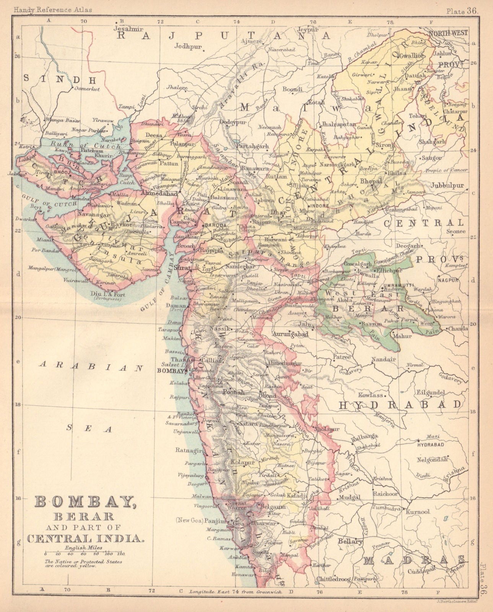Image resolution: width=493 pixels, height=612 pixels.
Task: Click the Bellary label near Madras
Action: point(350,542)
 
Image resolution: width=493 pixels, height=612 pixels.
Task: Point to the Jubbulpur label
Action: point(447,186)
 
